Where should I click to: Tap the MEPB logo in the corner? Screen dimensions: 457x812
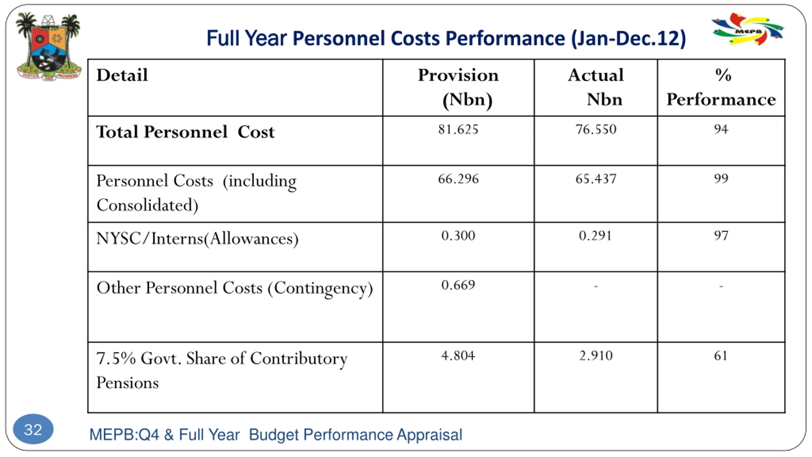click(x=748, y=29)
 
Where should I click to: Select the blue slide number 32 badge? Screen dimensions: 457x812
click(x=33, y=429)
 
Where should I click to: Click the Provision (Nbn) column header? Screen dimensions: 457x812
click(x=458, y=87)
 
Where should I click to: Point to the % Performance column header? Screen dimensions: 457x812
click(x=721, y=87)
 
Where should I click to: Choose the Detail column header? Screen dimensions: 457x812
click(x=122, y=76)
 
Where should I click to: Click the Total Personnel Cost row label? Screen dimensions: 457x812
click(x=185, y=132)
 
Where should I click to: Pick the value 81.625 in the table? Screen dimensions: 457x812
click(x=458, y=129)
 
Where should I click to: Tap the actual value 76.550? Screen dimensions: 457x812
click(x=596, y=129)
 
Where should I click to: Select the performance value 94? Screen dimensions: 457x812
click(x=721, y=129)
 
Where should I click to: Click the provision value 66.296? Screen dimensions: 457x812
click(x=458, y=179)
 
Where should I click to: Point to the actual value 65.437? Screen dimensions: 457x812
click(x=596, y=179)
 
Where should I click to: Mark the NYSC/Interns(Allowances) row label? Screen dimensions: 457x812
click(x=197, y=239)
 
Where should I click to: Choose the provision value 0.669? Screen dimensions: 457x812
click(x=458, y=285)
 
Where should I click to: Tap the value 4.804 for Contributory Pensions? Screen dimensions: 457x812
click(x=458, y=356)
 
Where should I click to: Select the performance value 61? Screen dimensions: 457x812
click(x=721, y=356)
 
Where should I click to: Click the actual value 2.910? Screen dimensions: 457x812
click(x=596, y=356)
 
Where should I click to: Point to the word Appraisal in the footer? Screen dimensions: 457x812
click(x=429, y=435)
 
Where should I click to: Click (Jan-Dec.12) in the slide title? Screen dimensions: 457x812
click(x=628, y=39)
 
